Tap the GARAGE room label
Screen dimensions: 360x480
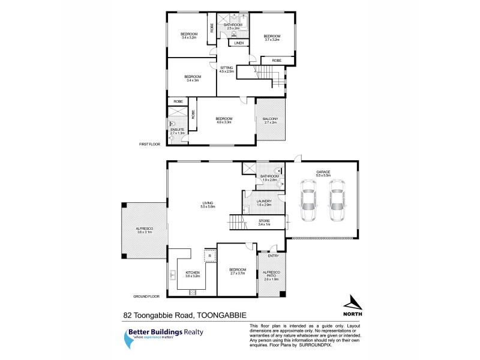pyautogui.click(x=323, y=172)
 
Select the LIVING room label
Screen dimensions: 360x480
pyautogui.click(x=208, y=205)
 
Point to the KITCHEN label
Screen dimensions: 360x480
pyautogui.click(x=192, y=272)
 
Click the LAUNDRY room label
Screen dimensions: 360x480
pyautogui.click(x=265, y=202)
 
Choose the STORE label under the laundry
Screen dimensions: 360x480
pyautogui.click(x=264, y=222)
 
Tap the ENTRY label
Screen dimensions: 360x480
pyautogui.click(x=273, y=256)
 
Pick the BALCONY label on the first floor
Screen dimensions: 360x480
pyautogui.click(x=270, y=119)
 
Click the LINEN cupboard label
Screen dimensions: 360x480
pyautogui.click(x=238, y=44)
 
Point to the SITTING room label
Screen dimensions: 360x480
pyautogui.click(x=226, y=68)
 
